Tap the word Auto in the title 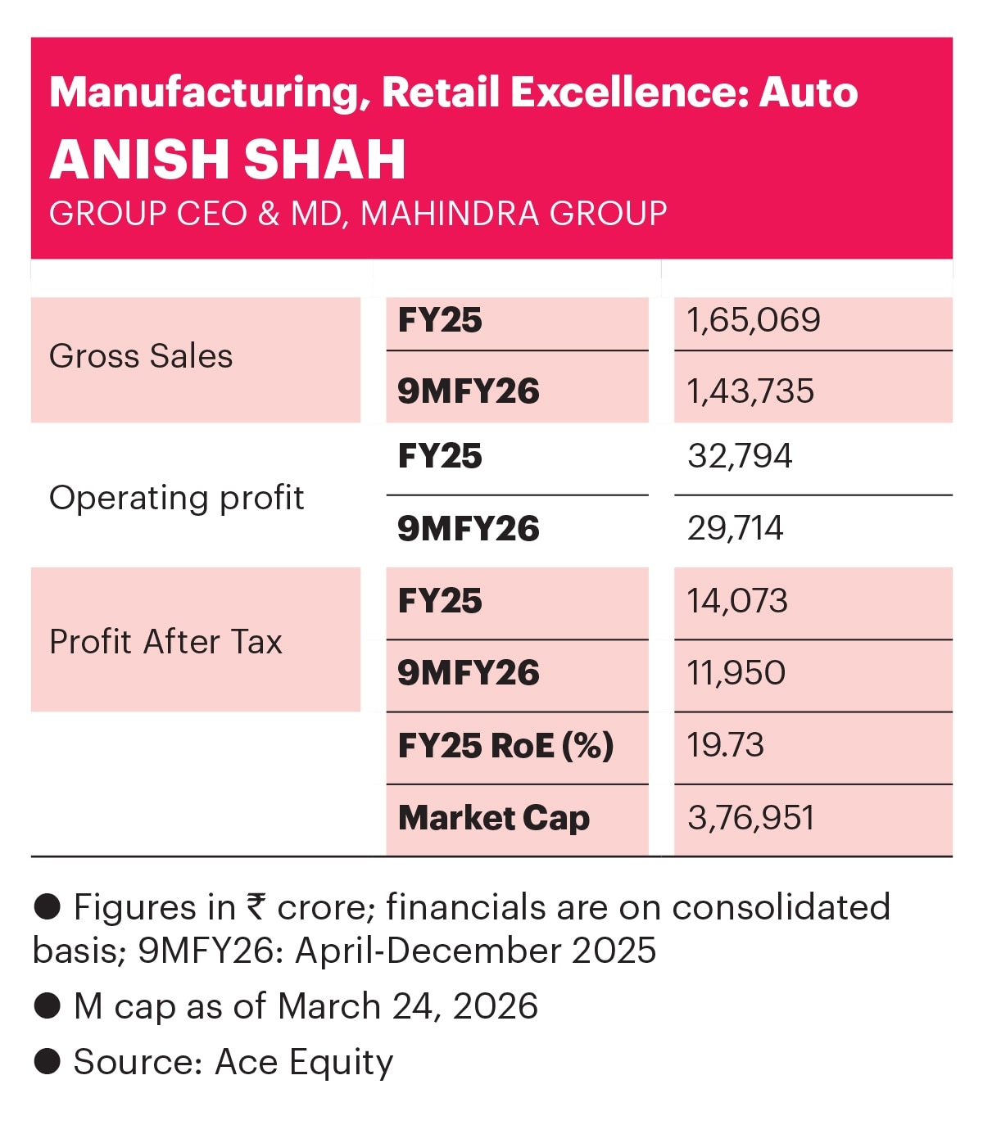click(808, 92)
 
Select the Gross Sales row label click(141, 356)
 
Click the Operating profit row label click(176, 498)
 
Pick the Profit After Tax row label click(165, 642)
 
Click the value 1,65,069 click(754, 320)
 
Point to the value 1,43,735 click(750, 391)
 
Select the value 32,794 click(740, 456)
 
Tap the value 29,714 click(735, 528)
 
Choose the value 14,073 click(737, 601)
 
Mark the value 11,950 click(736, 673)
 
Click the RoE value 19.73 click(725, 745)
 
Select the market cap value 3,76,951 click(750, 818)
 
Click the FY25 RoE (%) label click(505, 745)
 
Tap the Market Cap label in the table click(493, 818)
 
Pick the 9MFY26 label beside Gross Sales click(468, 391)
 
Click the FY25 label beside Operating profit click(440, 456)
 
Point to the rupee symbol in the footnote click(256, 908)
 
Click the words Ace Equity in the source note click(304, 1062)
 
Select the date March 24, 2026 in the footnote click(408, 1006)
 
